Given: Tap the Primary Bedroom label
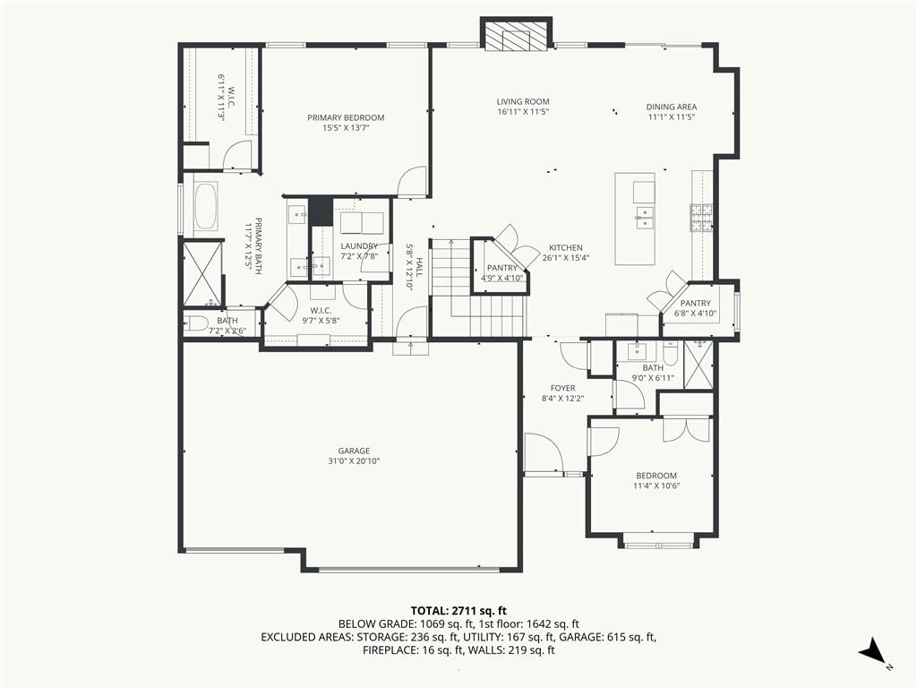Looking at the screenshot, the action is (x=346, y=117).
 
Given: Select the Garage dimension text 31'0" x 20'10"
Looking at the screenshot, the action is (x=354, y=461).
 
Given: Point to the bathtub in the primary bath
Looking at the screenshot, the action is (x=205, y=207).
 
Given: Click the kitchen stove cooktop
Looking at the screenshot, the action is (x=701, y=217).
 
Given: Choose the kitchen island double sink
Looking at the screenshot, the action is (x=644, y=217).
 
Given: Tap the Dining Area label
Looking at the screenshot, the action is (x=672, y=107).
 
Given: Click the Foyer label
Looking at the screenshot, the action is (x=562, y=388).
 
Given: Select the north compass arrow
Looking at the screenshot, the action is (x=872, y=650).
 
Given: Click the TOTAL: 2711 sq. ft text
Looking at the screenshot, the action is (x=458, y=612).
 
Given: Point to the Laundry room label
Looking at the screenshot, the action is (x=359, y=246).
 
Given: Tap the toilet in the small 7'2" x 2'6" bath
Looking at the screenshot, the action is (x=196, y=322).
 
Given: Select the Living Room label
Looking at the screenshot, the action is (x=523, y=102).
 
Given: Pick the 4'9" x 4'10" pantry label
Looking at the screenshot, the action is (x=502, y=272).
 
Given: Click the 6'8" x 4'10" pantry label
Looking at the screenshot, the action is (x=695, y=308).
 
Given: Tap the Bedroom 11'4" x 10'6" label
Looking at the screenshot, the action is (x=656, y=480).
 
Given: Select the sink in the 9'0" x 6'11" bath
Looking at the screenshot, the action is (x=637, y=351).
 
